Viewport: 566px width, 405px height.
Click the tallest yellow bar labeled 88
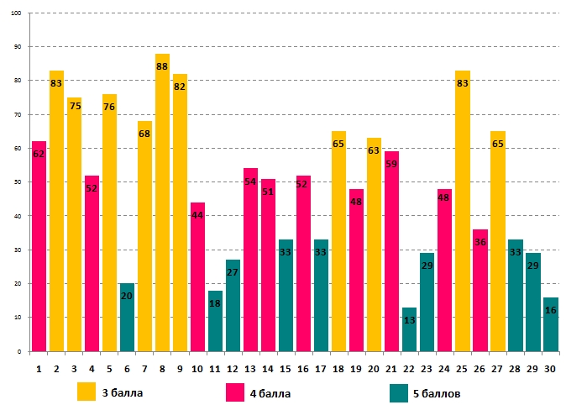[x=163, y=202]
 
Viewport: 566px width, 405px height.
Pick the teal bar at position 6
[x=127, y=317]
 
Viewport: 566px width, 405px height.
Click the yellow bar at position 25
[x=462, y=210]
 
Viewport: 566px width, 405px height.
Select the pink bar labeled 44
[x=197, y=276]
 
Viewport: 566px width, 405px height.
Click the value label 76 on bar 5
[x=109, y=107]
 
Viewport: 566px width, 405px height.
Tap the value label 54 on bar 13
[x=250, y=181]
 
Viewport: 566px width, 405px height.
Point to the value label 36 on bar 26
[x=480, y=242]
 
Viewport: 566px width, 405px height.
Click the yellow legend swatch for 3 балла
[x=86, y=392]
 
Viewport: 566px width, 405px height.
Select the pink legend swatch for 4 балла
[x=236, y=392]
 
